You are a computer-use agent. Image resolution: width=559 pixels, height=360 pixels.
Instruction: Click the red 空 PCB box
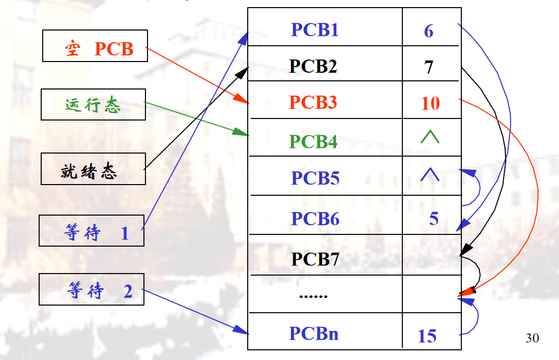coord(95,46)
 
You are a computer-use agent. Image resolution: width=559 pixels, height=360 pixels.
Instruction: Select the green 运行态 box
coord(93,105)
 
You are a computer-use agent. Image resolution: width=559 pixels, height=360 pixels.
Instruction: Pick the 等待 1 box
coord(92,231)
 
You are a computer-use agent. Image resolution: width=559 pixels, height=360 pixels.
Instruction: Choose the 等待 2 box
coord(92,290)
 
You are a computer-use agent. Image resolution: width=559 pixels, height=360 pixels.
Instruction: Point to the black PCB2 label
coord(313,66)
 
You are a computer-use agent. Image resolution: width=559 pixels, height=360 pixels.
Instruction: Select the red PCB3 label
coord(313,103)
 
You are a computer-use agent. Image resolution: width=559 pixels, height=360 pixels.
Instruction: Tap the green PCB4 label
coord(313,141)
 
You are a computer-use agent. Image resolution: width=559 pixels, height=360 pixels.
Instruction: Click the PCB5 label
coord(315,178)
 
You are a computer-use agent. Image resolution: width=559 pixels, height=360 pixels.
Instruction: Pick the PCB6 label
coord(315,219)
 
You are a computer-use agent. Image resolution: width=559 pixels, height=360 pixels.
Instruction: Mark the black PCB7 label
coord(315,259)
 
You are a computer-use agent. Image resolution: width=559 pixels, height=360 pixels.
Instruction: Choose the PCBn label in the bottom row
coord(314,334)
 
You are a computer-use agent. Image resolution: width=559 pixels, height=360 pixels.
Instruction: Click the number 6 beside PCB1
coord(429,31)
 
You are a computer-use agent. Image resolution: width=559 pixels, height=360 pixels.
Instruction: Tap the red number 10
coord(430,103)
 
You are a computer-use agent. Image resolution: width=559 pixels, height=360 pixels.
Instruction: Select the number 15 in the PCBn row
coord(427,336)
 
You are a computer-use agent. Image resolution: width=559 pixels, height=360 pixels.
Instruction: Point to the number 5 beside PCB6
coord(434,219)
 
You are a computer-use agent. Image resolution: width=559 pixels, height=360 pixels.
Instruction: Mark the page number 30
coord(532,338)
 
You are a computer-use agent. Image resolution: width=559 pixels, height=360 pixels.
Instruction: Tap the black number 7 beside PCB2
coord(429,67)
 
